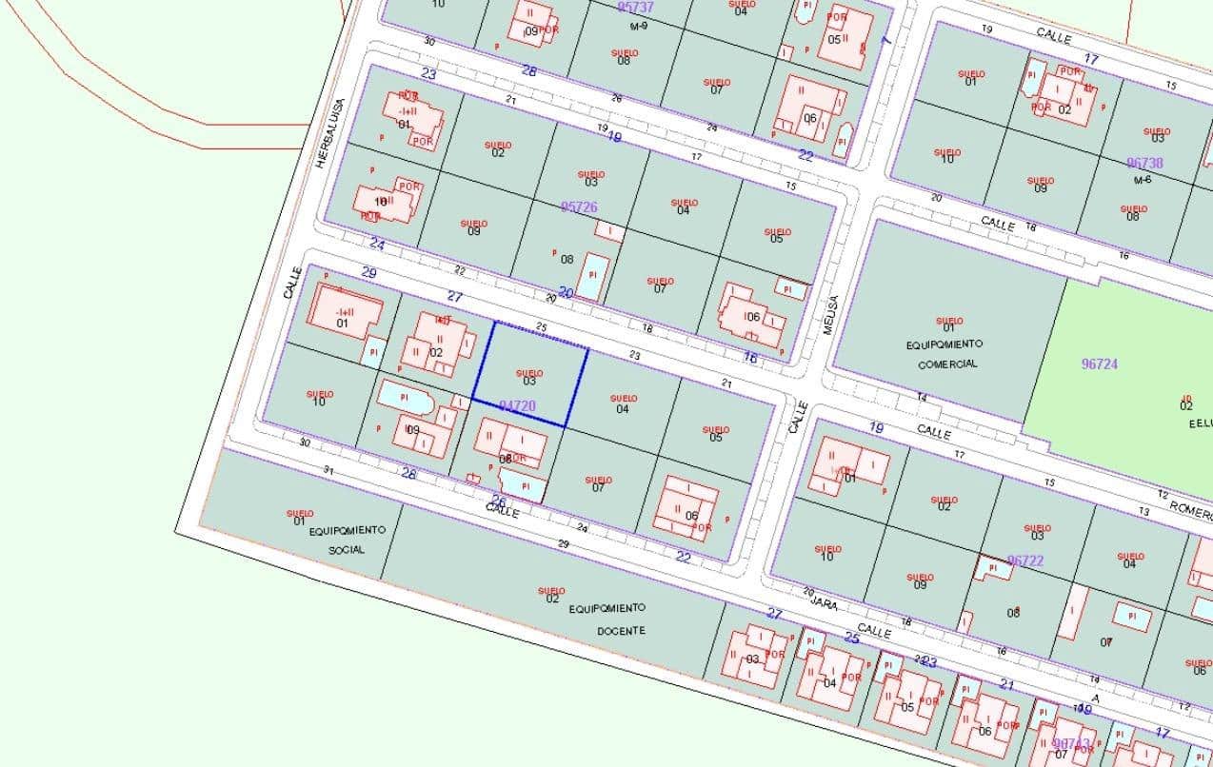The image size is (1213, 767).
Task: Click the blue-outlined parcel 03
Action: click(529, 376)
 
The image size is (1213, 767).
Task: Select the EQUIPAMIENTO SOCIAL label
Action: click(347, 540)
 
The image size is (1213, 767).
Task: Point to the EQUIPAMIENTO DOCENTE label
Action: click(607, 619)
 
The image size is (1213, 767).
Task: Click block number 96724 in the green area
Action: click(1100, 364)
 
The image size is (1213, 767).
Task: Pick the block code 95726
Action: click(579, 206)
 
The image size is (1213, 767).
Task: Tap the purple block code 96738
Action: click(1144, 164)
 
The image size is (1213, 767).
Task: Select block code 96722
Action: click(1025, 560)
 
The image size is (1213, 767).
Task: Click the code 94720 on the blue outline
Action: click(517, 405)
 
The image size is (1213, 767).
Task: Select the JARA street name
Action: click(823, 600)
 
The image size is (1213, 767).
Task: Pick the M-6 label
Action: click(1143, 179)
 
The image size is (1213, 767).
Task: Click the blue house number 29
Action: click(369, 273)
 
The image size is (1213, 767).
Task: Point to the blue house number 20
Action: click(566, 292)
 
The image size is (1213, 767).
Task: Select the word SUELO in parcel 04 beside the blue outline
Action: click(624, 398)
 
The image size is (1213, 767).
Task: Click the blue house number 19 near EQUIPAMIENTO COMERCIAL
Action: click(876, 428)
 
